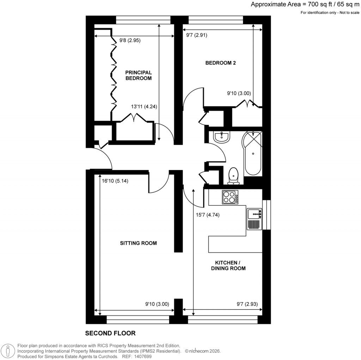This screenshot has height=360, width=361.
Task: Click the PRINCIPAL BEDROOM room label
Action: tap(139, 75)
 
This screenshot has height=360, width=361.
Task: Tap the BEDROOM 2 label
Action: tap(220, 63)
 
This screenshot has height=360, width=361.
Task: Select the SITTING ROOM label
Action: tap(138, 243)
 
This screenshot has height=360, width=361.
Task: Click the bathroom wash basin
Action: tap(222, 137)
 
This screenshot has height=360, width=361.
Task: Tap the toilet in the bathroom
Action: tap(233, 175)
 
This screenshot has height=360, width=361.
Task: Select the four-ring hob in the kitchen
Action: tap(230, 197)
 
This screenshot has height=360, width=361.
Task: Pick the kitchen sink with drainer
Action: tap(254, 219)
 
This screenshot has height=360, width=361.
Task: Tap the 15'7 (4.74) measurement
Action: tap(208, 215)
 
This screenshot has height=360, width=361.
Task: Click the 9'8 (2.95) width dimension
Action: tap(130, 40)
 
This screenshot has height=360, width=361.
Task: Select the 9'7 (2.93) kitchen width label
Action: tap(249, 304)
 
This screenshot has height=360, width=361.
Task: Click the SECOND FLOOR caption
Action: tap(110, 333)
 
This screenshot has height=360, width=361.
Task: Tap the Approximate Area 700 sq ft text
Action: tap(305, 5)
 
